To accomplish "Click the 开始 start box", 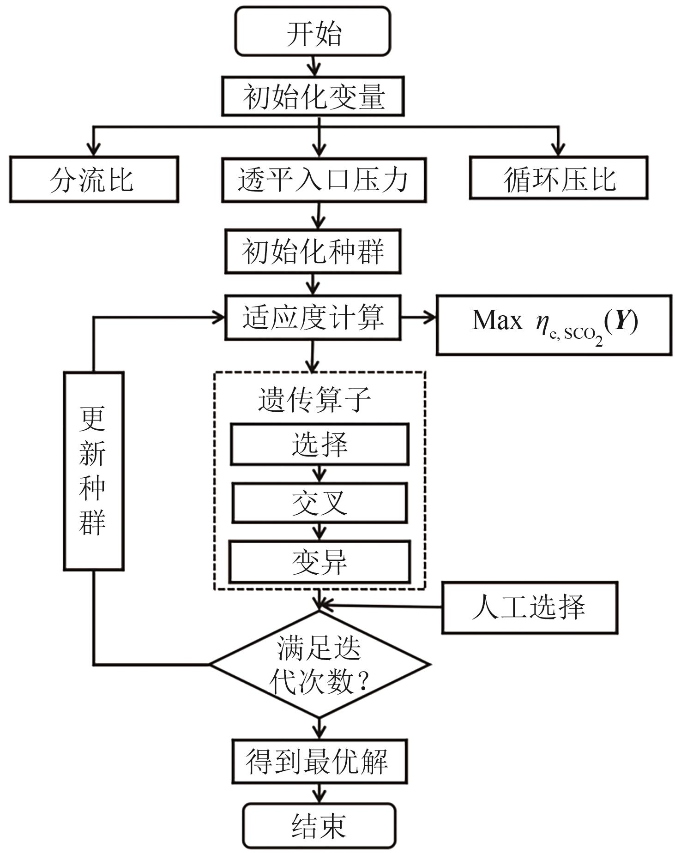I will click(313, 32).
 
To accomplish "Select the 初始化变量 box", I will click(313, 96).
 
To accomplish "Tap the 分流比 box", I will click(94, 179).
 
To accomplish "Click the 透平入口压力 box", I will click(323, 180).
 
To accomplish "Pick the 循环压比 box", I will click(558, 178).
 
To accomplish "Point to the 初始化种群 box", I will click(313, 252).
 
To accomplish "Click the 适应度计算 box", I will click(313, 318).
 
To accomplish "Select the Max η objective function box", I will click(554, 325).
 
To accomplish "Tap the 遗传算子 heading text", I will click(314, 399).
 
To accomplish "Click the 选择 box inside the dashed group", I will click(319, 444).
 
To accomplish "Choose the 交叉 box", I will click(319, 503).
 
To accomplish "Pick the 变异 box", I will click(319, 562).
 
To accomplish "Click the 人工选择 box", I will click(529, 607).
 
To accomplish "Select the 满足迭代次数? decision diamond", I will click(319, 664).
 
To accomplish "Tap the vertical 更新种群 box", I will click(93, 471).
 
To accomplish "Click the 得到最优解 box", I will click(319, 762).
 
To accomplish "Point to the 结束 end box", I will click(319, 826).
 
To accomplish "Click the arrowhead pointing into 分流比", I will click(94, 149).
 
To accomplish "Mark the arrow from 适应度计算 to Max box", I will click(418, 317).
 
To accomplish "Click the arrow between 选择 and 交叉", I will click(319, 474).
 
